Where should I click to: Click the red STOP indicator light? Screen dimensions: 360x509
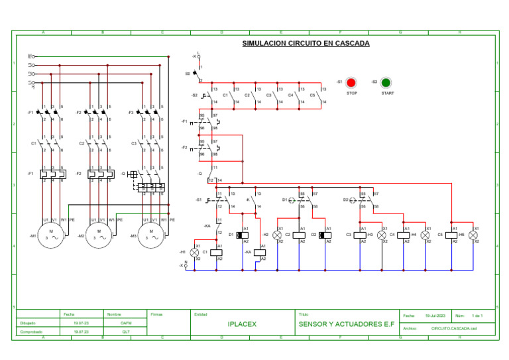[x=351, y=83]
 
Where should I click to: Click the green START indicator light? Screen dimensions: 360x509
[x=386, y=83]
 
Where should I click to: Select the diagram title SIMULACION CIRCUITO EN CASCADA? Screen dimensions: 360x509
[x=306, y=44]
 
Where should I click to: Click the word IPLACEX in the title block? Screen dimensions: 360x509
[x=242, y=324]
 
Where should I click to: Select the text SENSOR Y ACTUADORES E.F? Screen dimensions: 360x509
[x=341, y=324]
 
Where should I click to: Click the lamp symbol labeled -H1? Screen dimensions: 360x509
[x=195, y=252]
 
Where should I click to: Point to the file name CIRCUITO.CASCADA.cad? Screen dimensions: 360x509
[x=454, y=328]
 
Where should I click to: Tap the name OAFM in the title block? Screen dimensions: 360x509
[x=126, y=323]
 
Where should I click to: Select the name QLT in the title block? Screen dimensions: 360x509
[x=126, y=331]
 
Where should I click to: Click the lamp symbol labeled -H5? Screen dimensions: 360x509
[x=473, y=235]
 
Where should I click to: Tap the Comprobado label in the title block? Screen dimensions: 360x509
[x=31, y=331]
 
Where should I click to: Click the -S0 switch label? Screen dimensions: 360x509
[x=188, y=74]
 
